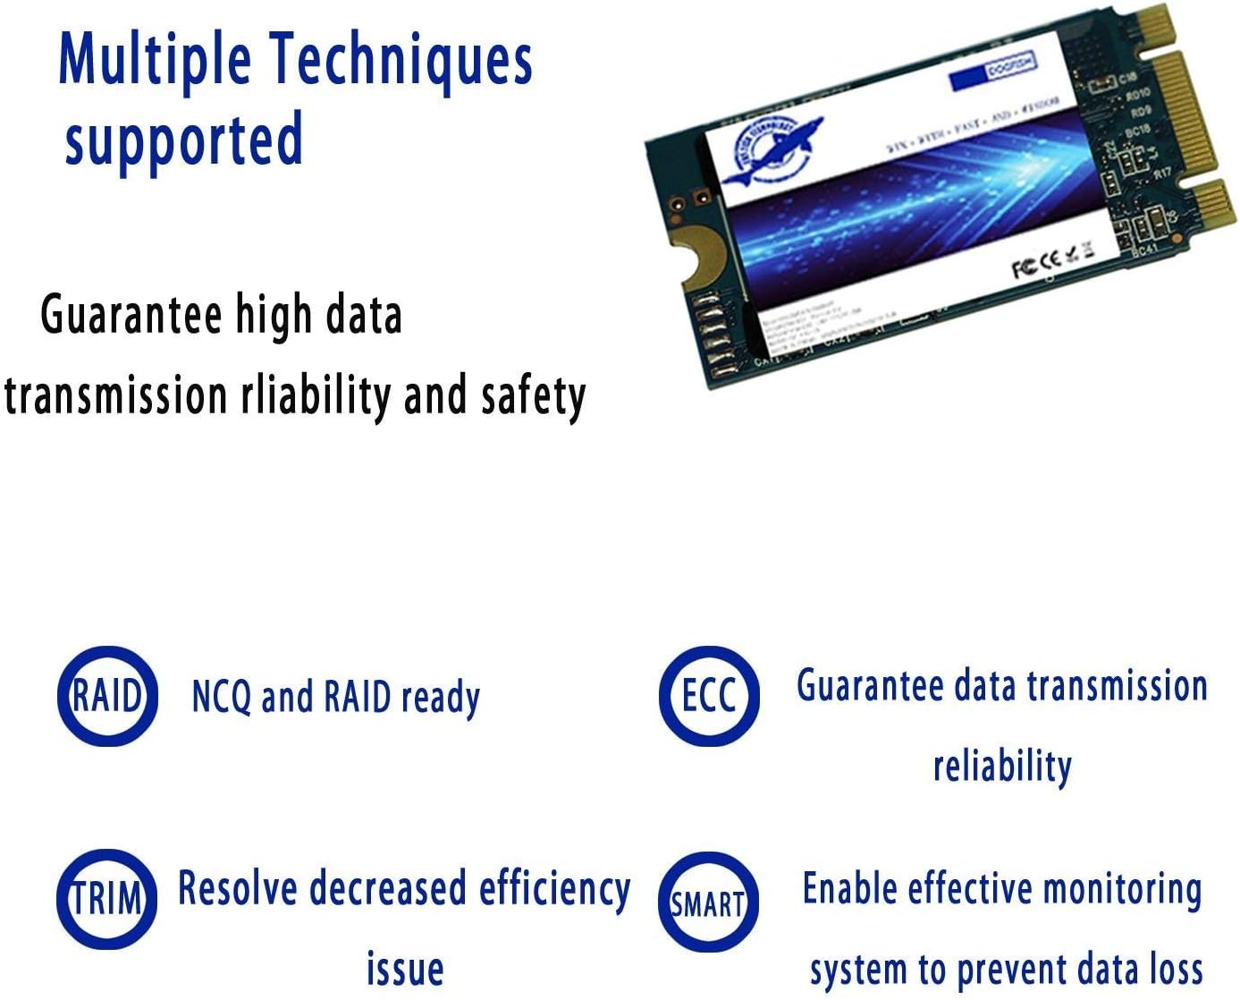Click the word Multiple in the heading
pos(154,60)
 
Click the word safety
pos(533,395)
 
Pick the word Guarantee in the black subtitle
pos(131,315)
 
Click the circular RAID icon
pos(107,696)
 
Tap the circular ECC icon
pos(709,696)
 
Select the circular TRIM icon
pos(107,899)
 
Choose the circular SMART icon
pos(708,903)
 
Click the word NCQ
pos(221,697)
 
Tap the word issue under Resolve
pos(405,969)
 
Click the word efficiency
pos(554,889)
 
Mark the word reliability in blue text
pos(1002,767)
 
